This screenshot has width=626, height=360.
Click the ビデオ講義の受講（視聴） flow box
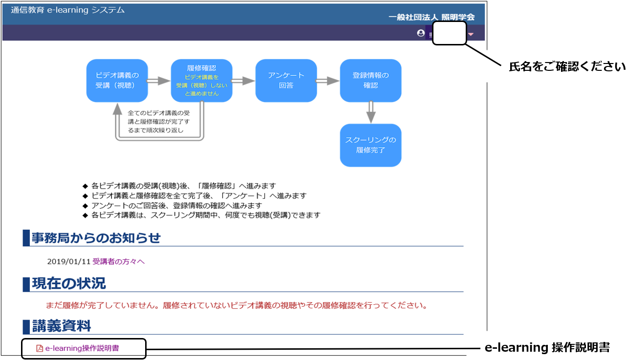coord(117,81)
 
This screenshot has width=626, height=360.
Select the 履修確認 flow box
coord(201,81)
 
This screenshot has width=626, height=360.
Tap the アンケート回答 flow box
coord(286,81)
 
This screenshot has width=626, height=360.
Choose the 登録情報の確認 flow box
coord(370,81)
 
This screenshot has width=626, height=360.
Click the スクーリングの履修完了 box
coord(370,145)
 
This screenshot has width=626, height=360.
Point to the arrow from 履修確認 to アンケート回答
coord(243,81)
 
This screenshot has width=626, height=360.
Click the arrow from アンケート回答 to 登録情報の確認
coord(327,81)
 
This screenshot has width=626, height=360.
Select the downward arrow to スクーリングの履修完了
coord(371,112)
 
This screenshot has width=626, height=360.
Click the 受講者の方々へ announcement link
coord(118,262)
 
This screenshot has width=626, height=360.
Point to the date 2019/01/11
coord(69,262)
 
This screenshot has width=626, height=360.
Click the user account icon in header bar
coord(421,33)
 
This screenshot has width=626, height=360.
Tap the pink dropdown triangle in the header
coord(471,34)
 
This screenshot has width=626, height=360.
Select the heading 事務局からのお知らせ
coord(96,238)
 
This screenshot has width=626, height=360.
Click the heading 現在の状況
coord(69,283)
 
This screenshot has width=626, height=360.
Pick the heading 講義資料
coord(62,326)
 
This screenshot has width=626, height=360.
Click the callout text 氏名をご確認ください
coord(567,66)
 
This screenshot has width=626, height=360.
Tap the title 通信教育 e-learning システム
coord(67,10)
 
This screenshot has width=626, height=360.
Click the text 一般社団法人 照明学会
coord(432,17)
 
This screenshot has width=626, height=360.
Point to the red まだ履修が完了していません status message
coord(237,305)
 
